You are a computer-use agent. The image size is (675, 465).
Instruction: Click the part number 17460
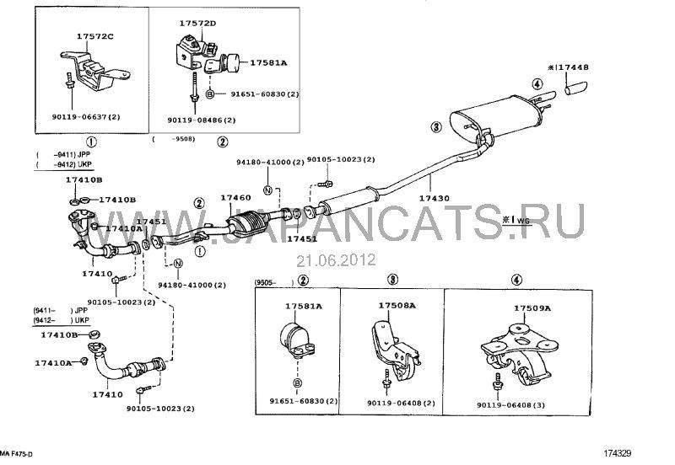coord(236,198)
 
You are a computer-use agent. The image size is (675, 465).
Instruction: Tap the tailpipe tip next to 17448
coord(578,87)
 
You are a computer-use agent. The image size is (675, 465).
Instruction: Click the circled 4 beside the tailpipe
coord(536,83)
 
